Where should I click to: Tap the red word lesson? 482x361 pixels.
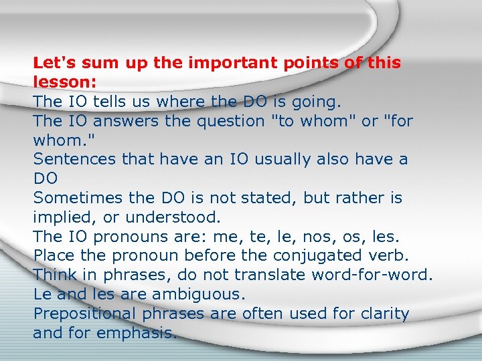click(x=65, y=82)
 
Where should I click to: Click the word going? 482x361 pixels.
click(x=316, y=102)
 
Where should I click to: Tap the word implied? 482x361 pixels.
click(x=61, y=217)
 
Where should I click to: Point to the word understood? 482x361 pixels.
click(x=173, y=217)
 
